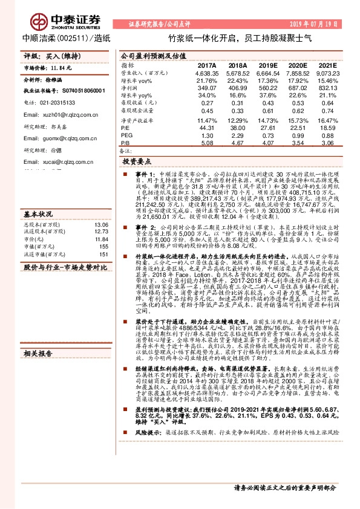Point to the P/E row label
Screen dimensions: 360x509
[x=125, y=128]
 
